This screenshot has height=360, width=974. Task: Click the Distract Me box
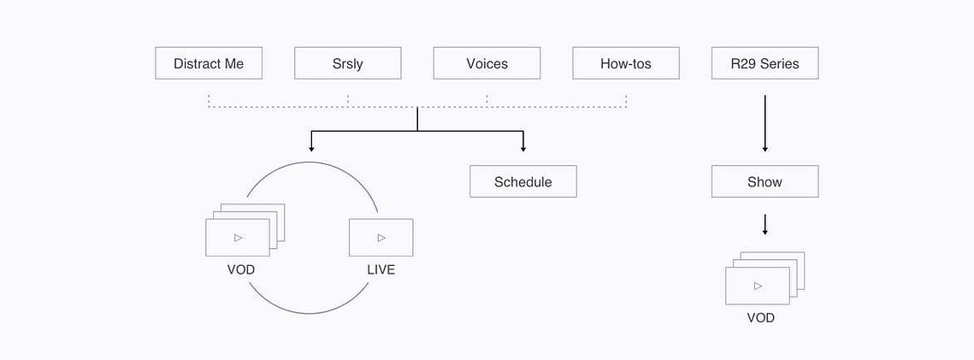209,63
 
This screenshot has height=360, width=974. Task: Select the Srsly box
348,63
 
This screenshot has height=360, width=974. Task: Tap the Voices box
487,63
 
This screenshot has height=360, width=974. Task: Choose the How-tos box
626,63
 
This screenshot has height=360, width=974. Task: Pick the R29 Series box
765,63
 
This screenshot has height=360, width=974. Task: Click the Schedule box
523,181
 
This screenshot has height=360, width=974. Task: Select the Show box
765,181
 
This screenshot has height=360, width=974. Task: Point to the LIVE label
381,270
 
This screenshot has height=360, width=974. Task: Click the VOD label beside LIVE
241,270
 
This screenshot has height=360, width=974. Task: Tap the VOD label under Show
761,318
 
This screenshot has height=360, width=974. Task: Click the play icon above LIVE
381,237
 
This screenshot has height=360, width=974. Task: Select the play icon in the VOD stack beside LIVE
239,237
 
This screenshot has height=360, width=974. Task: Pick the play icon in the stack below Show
758,286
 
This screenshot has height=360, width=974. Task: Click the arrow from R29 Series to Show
765,123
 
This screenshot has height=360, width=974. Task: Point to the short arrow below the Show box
765,225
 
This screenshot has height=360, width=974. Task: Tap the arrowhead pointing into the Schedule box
523,149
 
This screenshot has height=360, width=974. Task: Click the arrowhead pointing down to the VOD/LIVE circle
311,149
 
